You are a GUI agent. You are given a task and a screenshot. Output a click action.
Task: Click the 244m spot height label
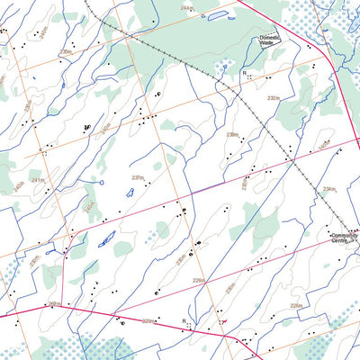tap(187, 7)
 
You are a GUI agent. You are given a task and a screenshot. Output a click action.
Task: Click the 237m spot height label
tap(138, 178)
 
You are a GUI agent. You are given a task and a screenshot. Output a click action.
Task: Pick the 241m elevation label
tap(38, 180)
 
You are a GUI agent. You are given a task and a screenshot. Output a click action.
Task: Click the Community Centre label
tap(344, 238)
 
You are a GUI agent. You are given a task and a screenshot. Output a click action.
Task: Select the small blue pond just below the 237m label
tap(130, 192)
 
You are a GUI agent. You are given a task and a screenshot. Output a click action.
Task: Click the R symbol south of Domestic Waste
tap(244, 71)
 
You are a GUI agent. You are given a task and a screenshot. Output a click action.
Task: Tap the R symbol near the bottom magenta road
tap(184, 321)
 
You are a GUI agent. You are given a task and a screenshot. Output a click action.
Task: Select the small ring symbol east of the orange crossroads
tap(158, 94)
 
